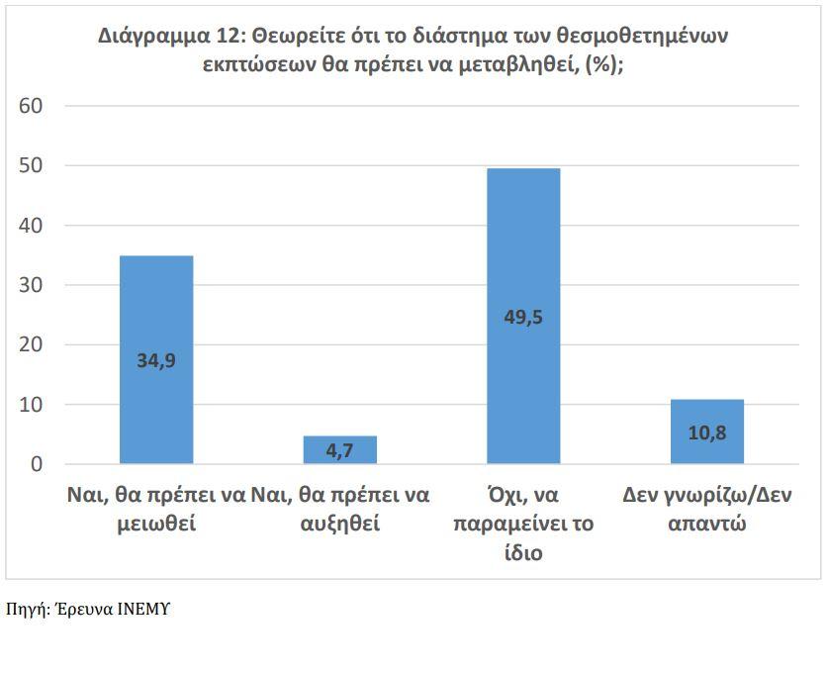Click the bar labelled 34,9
(x=156, y=317)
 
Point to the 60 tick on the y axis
(x=30, y=106)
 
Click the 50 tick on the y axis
(x=30, y=165)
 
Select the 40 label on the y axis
(x=30, y=226)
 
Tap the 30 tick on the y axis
(x=30, y=285)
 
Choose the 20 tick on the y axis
(x=30, y=344)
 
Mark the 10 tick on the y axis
(x=30, y=405)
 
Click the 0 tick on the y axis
(x=37, y=464)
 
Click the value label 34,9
(x=156, y=360)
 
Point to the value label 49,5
(x=523, y=318)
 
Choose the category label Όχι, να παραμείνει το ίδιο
(x=523, y=524)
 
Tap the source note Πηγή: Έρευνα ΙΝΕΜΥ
(x=88, y=610)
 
